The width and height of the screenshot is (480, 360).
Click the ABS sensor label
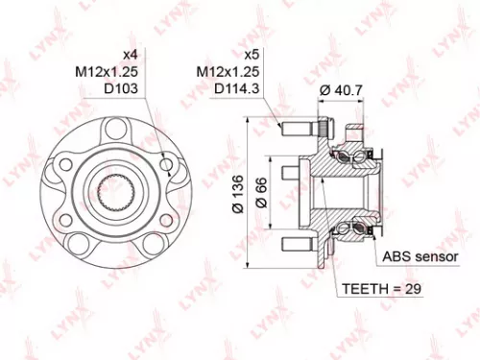420,256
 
